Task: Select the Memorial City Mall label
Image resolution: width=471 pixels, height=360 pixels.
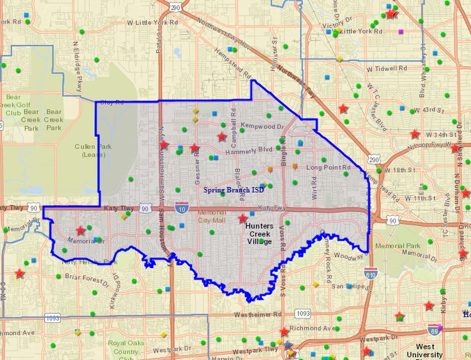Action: (x=212, y=216)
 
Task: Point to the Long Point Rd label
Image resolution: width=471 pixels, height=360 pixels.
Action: (x=328, y=167)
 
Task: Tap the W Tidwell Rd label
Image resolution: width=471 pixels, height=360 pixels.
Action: (x=387, y=68)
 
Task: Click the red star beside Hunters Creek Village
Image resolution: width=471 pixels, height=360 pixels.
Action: (x=243, y=218)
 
